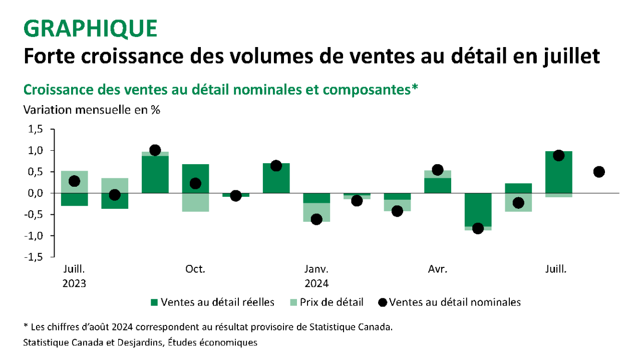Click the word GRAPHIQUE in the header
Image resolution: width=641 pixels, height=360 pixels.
(90, 29)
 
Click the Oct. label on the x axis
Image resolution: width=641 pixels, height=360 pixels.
(195, 269)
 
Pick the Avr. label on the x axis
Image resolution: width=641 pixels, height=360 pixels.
(438, 269)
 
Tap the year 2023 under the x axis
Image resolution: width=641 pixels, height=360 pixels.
(74, 283)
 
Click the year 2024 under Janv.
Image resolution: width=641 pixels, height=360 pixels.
(316, 283)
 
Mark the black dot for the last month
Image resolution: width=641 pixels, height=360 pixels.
(599, 172)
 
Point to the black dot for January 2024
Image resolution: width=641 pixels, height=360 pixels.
(316, 219)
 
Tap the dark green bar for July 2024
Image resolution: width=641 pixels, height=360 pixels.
(559, 173)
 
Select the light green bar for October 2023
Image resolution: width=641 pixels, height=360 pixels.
(195, 202)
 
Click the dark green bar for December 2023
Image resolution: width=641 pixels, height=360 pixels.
(276, 178)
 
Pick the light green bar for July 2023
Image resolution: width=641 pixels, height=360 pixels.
(74, 182)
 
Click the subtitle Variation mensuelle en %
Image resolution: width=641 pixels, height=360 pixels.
(92, 110)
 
